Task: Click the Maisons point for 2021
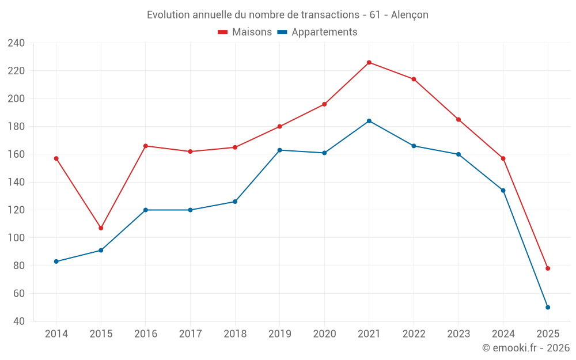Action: (369, 62)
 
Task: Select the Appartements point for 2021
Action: (369, 121)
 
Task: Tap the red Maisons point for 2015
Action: (101, 228)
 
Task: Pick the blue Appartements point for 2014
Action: (56, 262)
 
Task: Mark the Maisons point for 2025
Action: (548, 268)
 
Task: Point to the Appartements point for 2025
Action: (548, 307)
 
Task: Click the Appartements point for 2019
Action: (280, 150)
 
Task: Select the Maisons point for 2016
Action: (146, 146)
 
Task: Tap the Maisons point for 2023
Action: (458, 119)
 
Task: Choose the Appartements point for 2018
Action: (235, 202)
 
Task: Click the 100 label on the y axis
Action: (16, 238)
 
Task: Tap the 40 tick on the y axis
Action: (19, 321)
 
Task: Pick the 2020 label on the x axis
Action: (324, 334)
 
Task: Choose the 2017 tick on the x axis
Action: (190, 334)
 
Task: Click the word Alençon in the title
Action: (410, 15)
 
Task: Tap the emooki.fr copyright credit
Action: (526, 348)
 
